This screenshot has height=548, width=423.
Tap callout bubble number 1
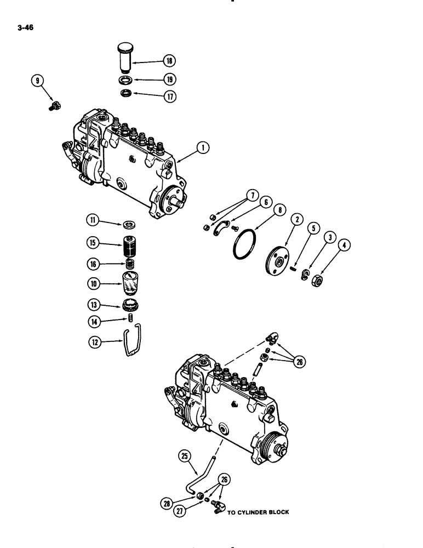[x=202, y=147]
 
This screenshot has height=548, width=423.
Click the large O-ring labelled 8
[x=242, y=250]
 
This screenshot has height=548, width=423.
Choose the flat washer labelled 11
[x=130, y=224]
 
